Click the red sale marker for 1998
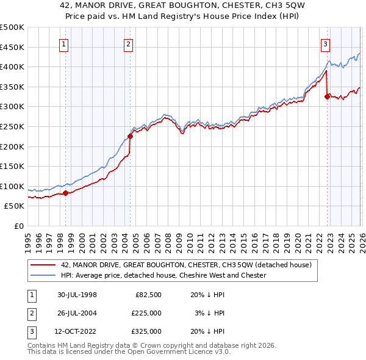click(x=66, y=193)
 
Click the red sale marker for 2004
click(x=130, y=136)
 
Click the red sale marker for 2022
click(x=327, y=96)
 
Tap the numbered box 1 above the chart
click(x=64, y=43)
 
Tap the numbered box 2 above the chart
click(x=128, y=43)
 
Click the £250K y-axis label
click(x=12, y=126)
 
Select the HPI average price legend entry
click(x=163, y=275)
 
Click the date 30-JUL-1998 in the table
click(x=77, y=295)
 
